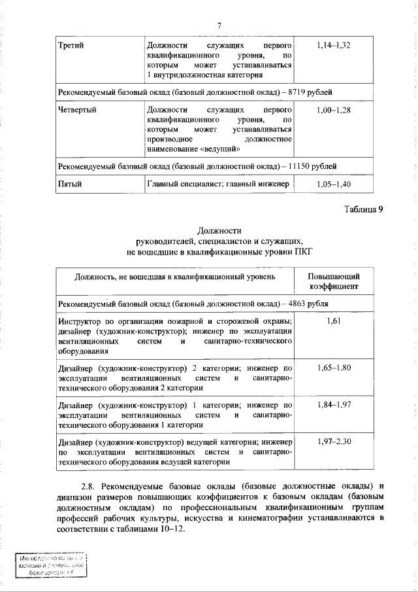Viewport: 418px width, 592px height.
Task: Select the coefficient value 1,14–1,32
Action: coord(333,46)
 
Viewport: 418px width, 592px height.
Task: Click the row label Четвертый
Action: coord(77,110)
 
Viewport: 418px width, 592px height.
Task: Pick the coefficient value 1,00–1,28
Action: coord(333,110)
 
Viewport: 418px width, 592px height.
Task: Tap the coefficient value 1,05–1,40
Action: coord(333,184)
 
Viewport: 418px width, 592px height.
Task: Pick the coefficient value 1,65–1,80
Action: coord(333,368)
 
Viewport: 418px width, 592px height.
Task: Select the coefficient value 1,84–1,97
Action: coord(333,405)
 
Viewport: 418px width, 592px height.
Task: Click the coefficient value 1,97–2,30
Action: coord(333,442)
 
